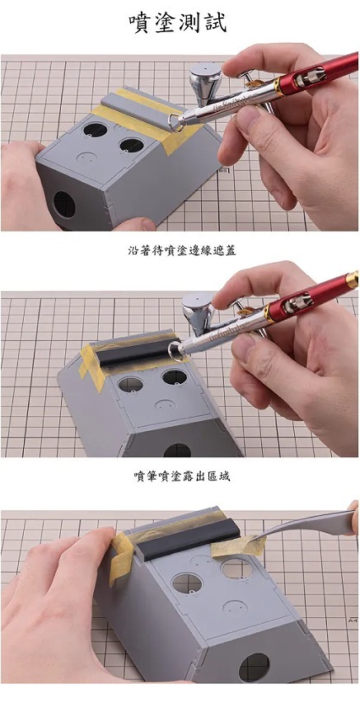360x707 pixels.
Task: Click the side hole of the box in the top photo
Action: (x=64, y=204)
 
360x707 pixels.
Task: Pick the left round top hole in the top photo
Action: (x=95, y=130)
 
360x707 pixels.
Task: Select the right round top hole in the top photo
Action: (x=132, y=145)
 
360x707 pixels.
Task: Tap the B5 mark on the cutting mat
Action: (x=223, y=171)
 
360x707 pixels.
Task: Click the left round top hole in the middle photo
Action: (x=131, y=385)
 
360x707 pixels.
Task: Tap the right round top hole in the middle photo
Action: (x=175, y=377)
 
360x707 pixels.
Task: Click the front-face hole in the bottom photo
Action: (x=254, y=667)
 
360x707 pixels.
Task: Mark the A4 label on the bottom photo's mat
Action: (x=352, y=620)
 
